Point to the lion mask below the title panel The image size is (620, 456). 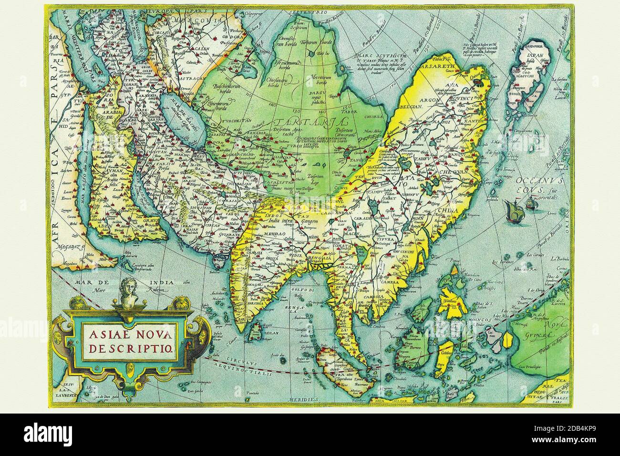(x=131, y=367)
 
